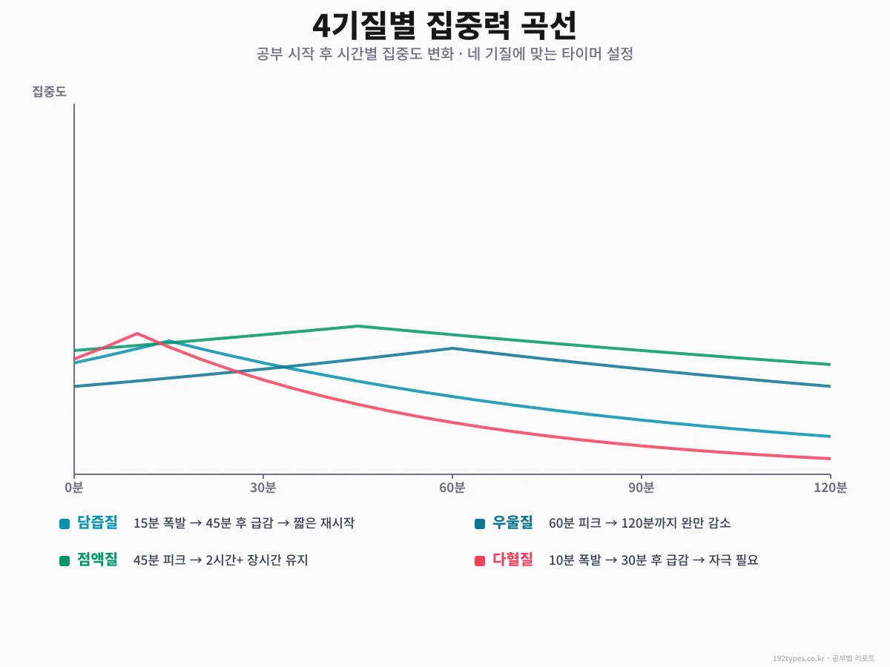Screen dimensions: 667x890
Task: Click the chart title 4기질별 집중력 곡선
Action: (444, 26)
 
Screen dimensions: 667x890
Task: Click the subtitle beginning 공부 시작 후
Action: (444, 54)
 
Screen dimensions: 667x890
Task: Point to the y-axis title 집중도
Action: (49, 92)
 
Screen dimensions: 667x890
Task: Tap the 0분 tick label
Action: (74, 488)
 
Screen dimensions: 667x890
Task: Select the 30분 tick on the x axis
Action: (263, 488)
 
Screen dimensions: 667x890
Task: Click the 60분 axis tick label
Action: (452, 488)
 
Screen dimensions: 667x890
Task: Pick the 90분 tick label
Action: (641, 488)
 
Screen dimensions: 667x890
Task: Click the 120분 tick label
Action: (830, 488)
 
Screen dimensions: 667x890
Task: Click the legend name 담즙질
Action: (97, 522)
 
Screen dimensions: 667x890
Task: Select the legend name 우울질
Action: (512, 522)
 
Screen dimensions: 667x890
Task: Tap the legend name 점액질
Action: (97, 560)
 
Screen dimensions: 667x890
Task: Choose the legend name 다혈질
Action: (512, 560)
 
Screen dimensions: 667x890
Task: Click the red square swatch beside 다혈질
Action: (480, 561)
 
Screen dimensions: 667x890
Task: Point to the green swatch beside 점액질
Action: (65, 561)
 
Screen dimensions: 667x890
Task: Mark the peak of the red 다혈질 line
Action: (137, 333)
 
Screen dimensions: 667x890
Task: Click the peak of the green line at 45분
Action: (357, 326)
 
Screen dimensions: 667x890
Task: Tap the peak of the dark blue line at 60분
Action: (452, 348)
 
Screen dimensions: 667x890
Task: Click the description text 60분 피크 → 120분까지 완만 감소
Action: (639, 523)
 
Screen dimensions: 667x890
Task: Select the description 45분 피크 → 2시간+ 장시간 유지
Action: (220, 560)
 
